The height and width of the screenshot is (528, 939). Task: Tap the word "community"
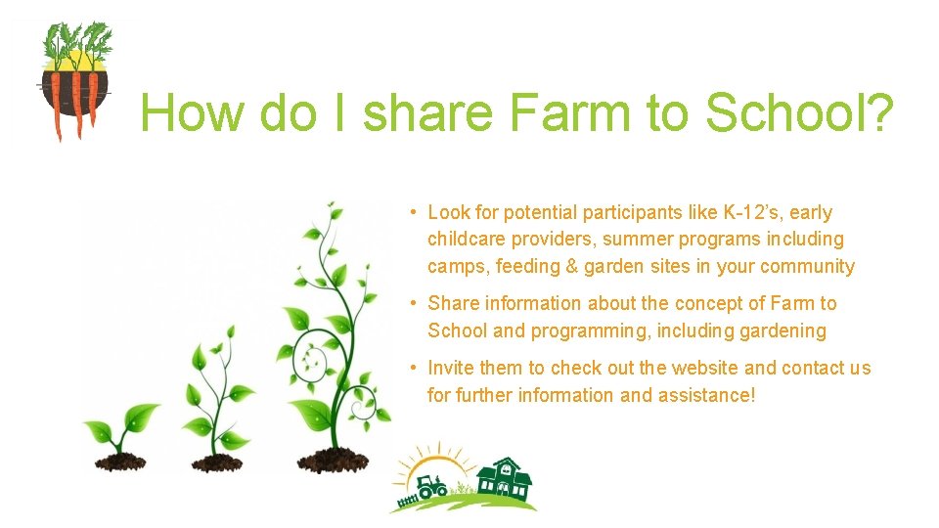tap(807, 267)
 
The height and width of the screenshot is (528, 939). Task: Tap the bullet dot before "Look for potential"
tap(415, 212)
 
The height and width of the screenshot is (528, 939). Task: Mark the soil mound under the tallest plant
tap(334, 459)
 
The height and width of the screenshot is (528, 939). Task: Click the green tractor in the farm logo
tap(430, 486)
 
